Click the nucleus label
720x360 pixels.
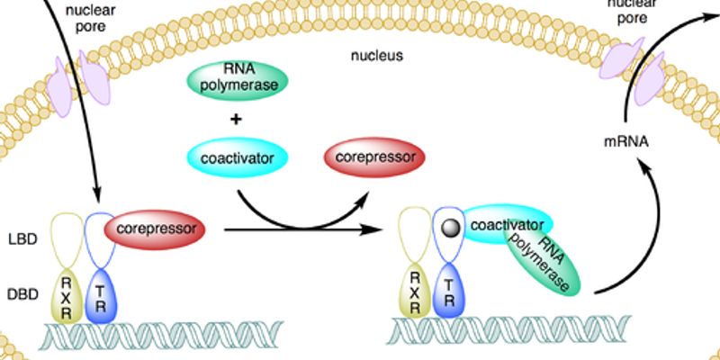click(x=377, y=56)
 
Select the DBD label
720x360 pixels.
click(x=21, y=293)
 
